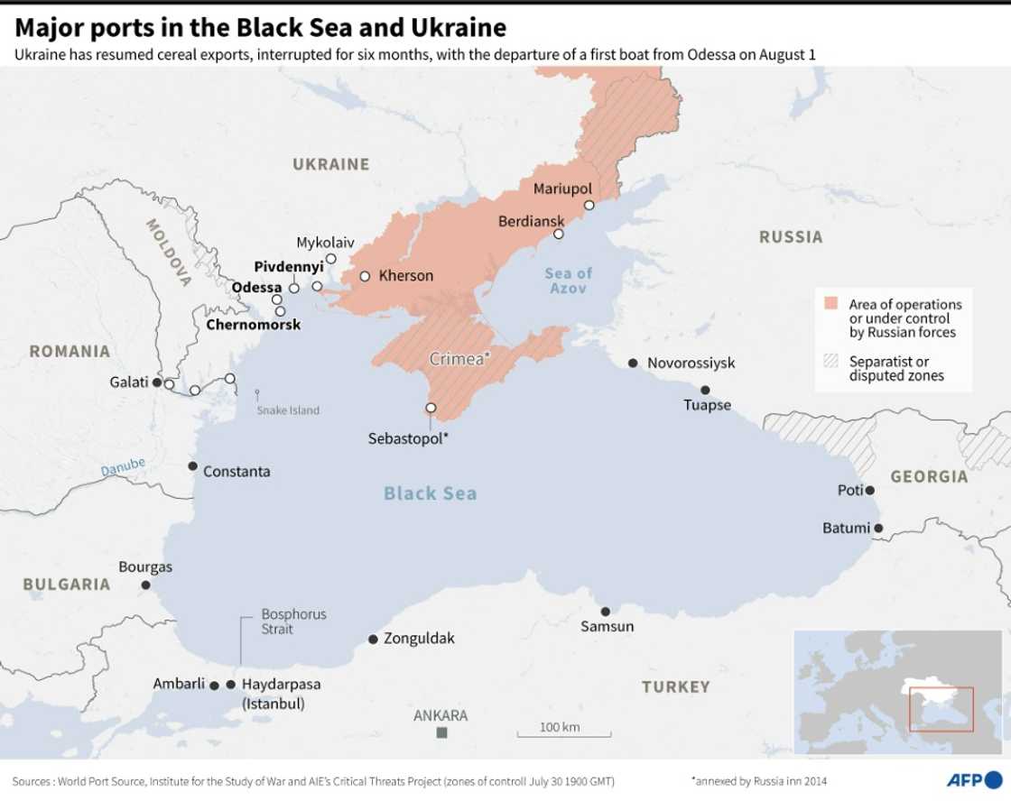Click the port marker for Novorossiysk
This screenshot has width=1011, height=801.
(633, 363)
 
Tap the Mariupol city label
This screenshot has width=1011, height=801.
(562, 189)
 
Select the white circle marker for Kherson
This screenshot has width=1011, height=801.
(365, 276)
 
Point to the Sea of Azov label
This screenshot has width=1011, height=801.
(569, 281)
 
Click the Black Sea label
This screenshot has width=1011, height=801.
(430, 493)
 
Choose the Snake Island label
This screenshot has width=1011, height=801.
(288, 410)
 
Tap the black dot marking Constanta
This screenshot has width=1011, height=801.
(192, 466)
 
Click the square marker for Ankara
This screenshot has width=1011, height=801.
(441, 732)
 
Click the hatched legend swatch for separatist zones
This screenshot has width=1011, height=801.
(830, 361)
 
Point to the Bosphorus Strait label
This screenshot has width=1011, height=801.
(293, 621)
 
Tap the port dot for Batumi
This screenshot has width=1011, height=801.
(878, 529)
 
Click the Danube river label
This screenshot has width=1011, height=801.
(123, 467)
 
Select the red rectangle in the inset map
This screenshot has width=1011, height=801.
(941, 709)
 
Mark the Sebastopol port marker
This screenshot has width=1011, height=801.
(431, 408)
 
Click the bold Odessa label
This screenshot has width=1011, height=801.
(256, 288)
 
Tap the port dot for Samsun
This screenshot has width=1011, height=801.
(606, 612)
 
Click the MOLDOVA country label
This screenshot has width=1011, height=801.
(169, 252)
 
